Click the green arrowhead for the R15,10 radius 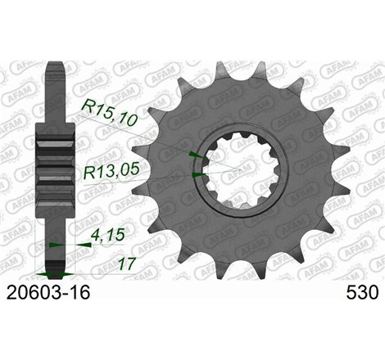(x=192, y=153)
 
